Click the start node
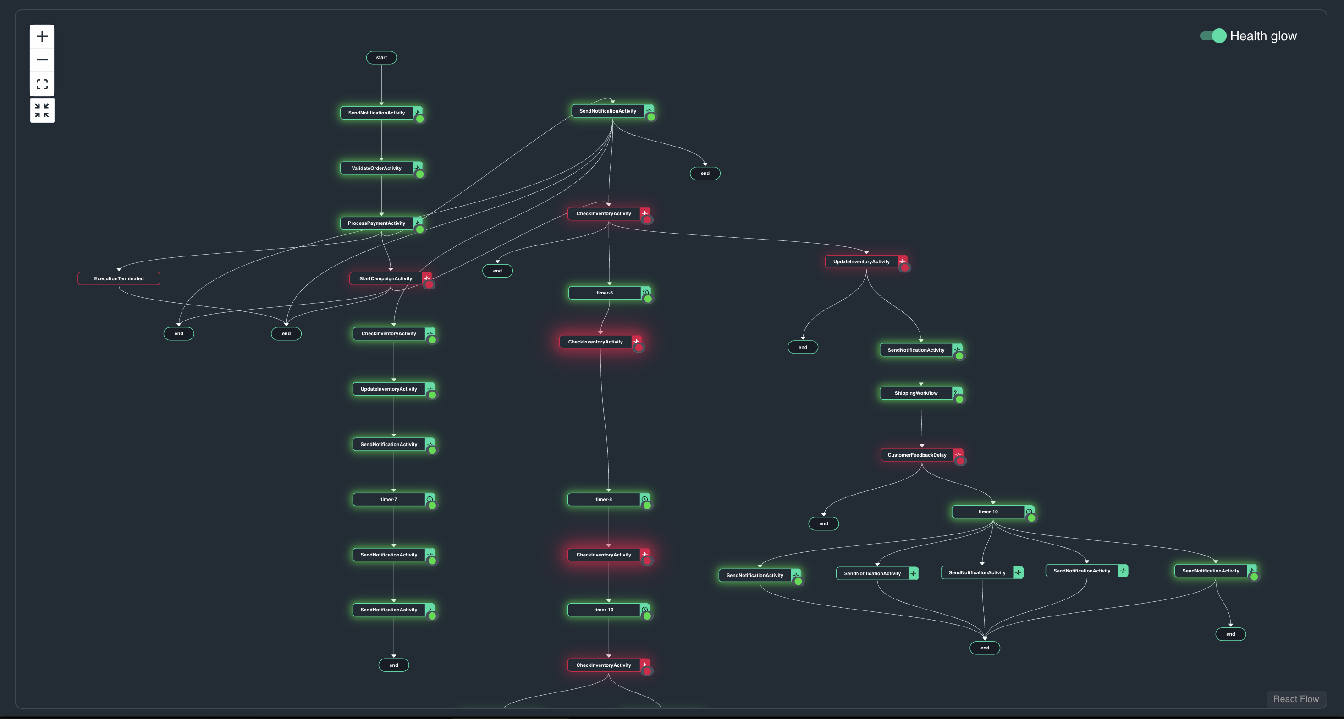381,57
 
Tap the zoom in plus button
42,37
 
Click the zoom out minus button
42,60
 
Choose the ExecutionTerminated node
119,278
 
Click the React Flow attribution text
1296,699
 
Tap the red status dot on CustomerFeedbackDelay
960,461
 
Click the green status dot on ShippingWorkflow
959,399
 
